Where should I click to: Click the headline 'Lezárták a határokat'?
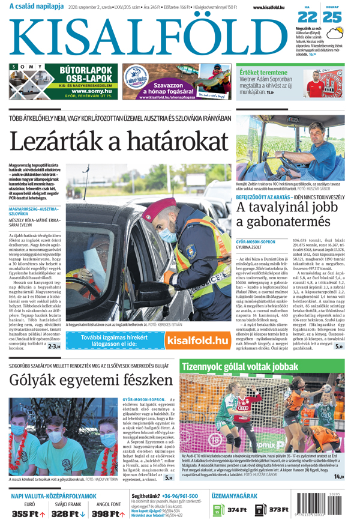(x=118, y=141)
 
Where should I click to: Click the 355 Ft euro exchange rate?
(x=24, y=513)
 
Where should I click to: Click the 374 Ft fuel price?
(x=236, y=510)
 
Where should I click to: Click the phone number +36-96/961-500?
(x=178, y=496)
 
